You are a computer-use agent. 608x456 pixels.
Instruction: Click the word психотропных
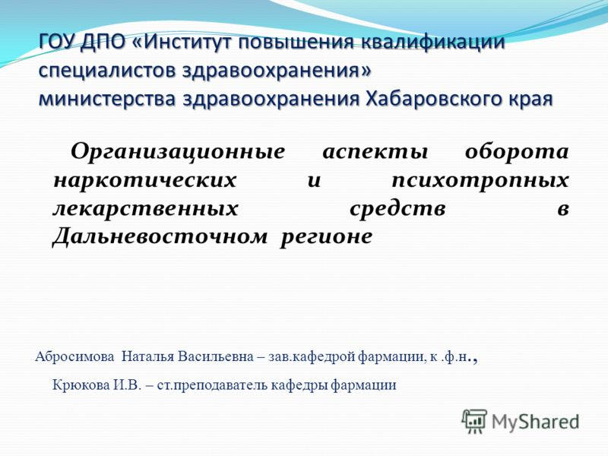480,181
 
